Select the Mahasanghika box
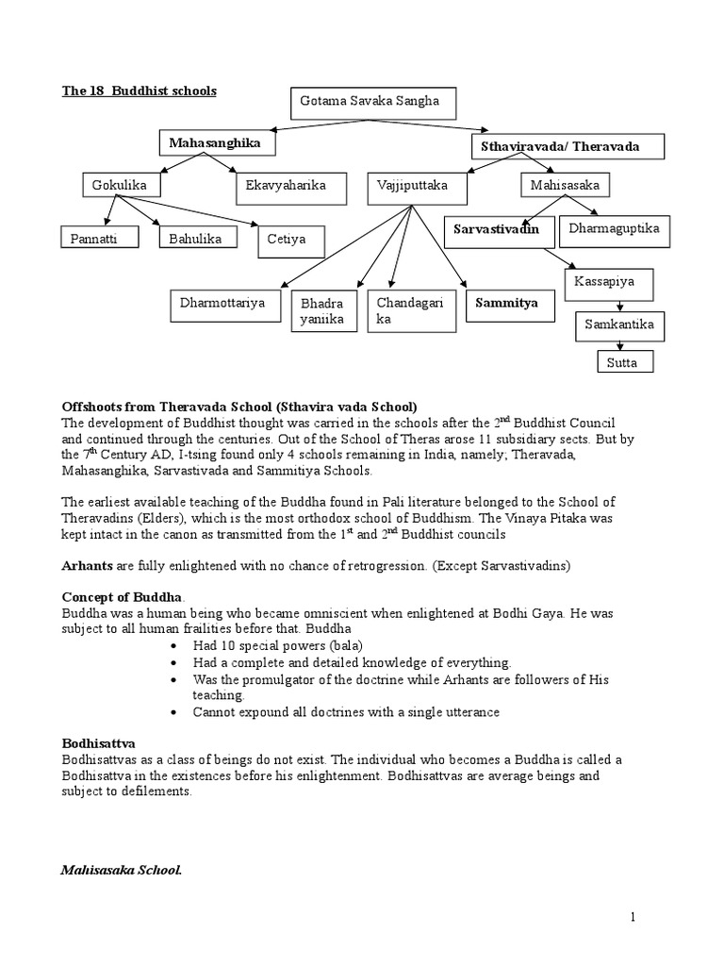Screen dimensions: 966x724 click(x=217, y=143)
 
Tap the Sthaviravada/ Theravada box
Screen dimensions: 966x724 click(x=567, y=147)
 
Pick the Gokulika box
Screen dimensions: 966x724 click(x=121, y=186)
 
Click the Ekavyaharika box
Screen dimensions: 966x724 click(x=286, y=187)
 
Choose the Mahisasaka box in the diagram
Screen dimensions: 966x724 click(x=565, y=186)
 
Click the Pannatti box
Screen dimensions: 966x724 click(x=100, y=240)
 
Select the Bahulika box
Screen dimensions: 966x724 click(x=195, y=240)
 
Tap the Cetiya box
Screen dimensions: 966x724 click(x=291, y=241)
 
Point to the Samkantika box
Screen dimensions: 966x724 click(x=619, y=325)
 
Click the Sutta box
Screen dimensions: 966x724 click(x=623, y=361)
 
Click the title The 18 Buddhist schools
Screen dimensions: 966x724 click(x=140, y=92)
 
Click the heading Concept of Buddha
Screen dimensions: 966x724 click(x=123, y=598)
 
